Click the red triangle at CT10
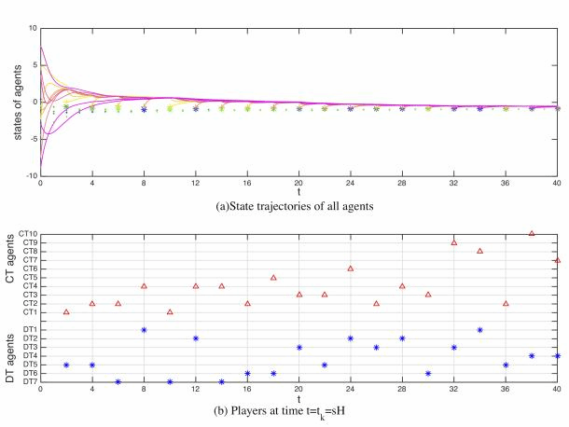tap(532, 233)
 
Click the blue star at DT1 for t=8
tap(144, 329)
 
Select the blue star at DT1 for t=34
tap(479, 329)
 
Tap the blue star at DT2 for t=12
tap(196, 338)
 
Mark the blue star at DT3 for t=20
tap(299, 347)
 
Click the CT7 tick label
tap(26, 260)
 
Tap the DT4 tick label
tap(27, 356)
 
